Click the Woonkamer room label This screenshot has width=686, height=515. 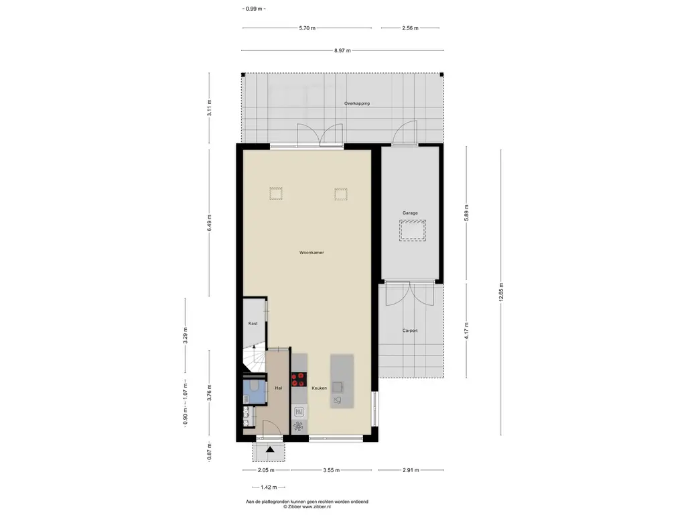pyautogui.click(x=312, y=253)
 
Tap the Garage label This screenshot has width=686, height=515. pyautogui.click(x=410, y=213)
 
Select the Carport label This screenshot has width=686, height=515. pyautogui.click(x=410, y=331)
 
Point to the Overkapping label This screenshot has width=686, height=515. pyautogui.click(x=357, y=103)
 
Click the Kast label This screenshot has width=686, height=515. pyautogui.click(x=253, y=323)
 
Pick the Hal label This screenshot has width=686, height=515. pyautogui.click(x=278, y=388)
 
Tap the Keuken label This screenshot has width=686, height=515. pyautogui.click(x=319, y=388)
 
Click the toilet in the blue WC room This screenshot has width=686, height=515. pyautogui.click(x=255, y=386)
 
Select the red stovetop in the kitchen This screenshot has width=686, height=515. pyautogui.click(x=299, y=380)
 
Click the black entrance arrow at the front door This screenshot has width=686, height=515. pyautogui.click(x=270, y=449)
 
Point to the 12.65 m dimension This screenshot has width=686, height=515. pyautogui.click(x=501, y=292)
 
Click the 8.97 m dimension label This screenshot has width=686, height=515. pyautogui.click(x=342, y=50)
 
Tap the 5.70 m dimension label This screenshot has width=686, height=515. pyautogui.click(x=307, y=28)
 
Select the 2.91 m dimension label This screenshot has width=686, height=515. pyautogui.click(x=411, y=470)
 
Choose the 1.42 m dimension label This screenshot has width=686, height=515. pyautogui.click(x=269, y=487)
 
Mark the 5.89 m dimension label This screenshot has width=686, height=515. pyautogui.click(x=467, y=213)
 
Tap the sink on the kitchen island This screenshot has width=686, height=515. pyautogui.click(x=338, y=387)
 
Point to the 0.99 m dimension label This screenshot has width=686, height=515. pyautogui.click(x=254, y=8)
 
